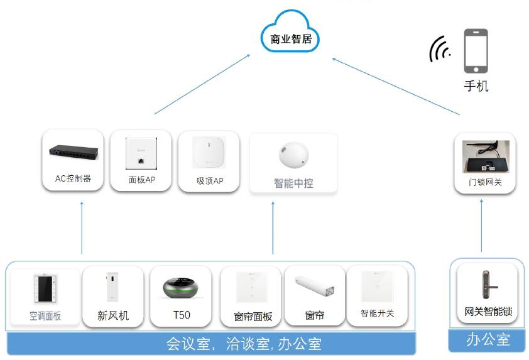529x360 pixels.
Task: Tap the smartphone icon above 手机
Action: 476,52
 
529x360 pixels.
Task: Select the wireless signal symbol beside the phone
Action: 439,50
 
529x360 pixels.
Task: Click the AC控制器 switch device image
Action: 74,153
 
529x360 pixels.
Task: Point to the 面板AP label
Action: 141,180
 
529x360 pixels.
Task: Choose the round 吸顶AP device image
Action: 209,153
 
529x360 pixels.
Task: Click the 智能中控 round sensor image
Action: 293,155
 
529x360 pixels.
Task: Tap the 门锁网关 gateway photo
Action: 484,156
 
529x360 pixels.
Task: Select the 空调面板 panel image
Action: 45,289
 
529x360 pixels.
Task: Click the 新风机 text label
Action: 113,315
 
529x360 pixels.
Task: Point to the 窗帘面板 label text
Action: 253,316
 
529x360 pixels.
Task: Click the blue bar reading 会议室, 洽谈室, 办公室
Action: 211,344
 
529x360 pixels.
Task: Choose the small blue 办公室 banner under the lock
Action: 487,341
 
